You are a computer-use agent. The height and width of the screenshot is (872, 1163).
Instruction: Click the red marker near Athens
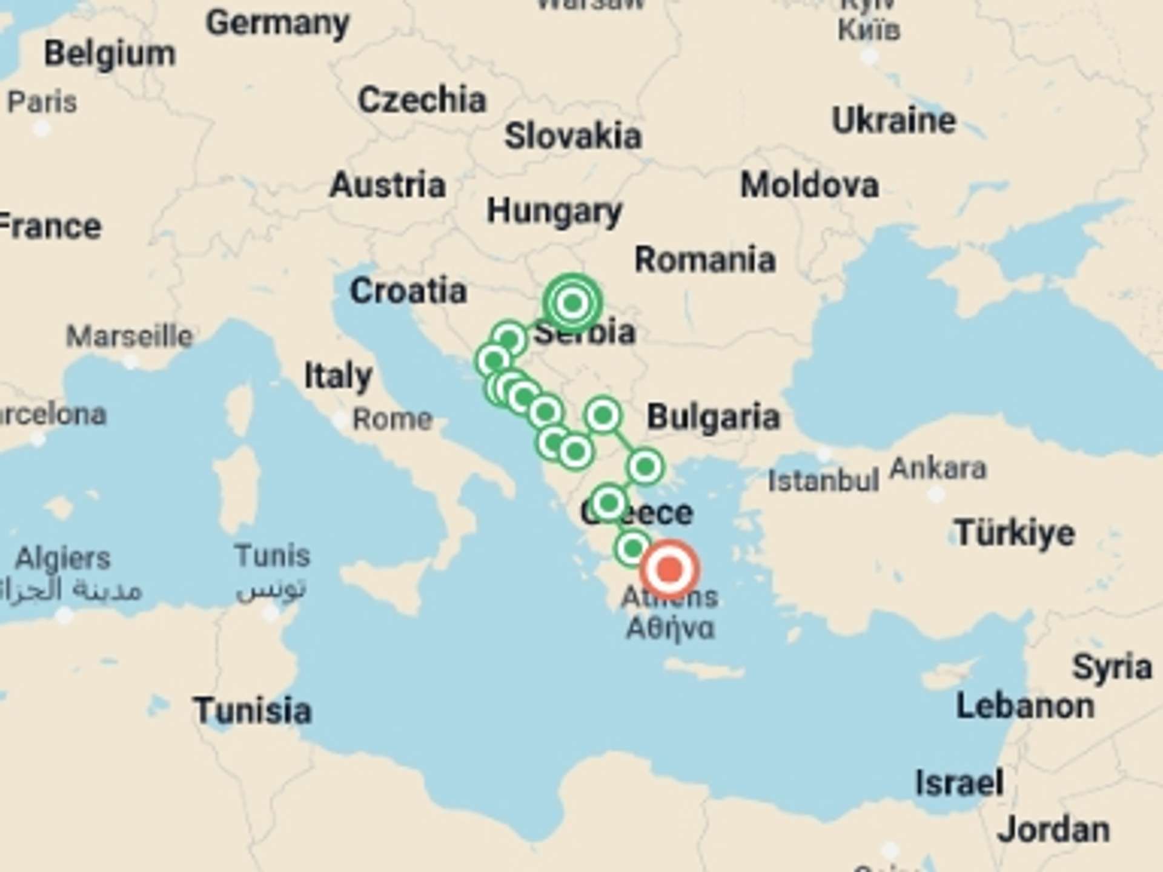669,569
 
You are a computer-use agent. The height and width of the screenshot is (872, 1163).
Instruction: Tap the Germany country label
277,23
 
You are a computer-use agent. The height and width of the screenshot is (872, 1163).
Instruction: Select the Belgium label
110,53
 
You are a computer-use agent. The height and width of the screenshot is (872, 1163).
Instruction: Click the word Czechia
422,99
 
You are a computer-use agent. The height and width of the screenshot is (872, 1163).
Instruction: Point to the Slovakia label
573,136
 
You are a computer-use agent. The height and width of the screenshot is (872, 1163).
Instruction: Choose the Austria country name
388,185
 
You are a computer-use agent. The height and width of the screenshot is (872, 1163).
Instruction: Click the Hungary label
554,211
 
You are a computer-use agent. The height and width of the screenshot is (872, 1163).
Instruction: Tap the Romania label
705,260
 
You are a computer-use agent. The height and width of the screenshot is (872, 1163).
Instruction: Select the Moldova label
809,185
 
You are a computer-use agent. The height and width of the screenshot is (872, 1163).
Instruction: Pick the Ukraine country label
894,121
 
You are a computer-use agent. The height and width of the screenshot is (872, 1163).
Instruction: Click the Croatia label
408,291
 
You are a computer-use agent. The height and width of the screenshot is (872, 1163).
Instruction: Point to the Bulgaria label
714,417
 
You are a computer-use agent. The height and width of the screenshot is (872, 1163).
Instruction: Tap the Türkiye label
1015,533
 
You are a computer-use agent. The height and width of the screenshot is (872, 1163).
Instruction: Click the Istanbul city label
823,481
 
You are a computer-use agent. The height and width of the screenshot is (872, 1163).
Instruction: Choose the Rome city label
393,419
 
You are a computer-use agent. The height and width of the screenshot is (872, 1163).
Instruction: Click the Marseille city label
129,336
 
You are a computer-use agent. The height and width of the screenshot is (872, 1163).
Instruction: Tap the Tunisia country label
253,710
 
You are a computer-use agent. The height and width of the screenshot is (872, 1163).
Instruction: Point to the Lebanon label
1025,706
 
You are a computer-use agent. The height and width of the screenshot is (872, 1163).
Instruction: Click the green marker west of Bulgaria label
603,415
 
